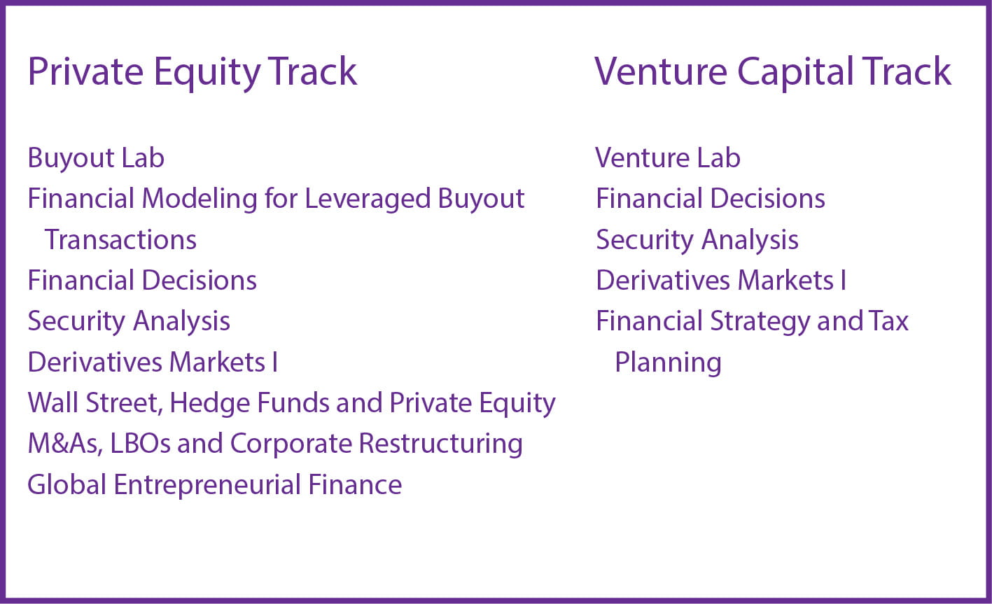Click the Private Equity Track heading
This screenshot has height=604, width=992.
(x=193, y=73)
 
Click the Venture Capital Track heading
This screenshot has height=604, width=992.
(x=772, y=73)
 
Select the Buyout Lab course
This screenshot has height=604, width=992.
(x=96, y=159)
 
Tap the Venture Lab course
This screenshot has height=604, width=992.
(x=667, y=157)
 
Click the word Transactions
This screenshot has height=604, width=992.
(x=120, y=240)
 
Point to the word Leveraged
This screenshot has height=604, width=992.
(x=367, y=199)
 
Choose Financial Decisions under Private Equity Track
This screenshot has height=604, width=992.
(x=142, y=281)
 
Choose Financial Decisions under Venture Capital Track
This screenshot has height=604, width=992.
(x=711, y=198)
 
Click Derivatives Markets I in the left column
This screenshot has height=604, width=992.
(x=153, y=363)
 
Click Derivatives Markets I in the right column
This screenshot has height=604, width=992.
(x=721, y=281)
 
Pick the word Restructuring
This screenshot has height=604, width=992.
(x=440, y=444)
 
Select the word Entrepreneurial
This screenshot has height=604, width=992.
(x=207, y=485)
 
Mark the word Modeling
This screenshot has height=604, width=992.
(x=200, y=199)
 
